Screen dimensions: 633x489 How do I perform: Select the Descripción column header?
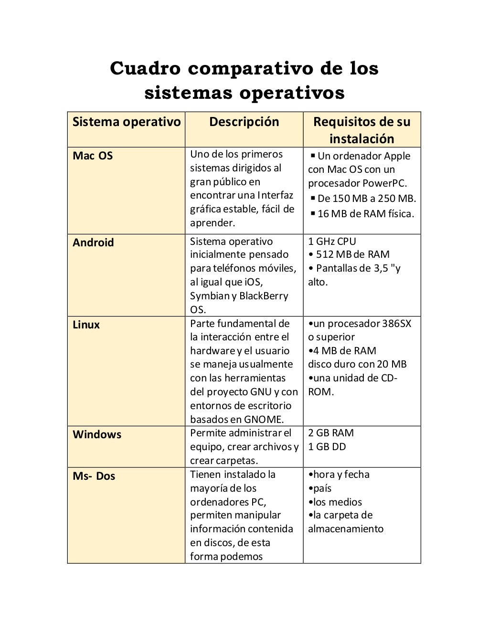244,122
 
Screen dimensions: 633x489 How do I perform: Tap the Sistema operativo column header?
127,122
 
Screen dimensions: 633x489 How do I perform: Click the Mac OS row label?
93,156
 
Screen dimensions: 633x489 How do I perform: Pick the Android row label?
93,243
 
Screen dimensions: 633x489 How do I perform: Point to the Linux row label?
86,325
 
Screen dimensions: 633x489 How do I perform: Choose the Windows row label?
97,434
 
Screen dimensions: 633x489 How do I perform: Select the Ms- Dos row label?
94,476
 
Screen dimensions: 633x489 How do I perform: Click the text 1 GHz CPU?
332,241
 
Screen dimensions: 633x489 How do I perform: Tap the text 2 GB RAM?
331,433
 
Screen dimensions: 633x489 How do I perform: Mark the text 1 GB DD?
327,447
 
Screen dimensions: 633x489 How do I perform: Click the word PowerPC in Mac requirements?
385,183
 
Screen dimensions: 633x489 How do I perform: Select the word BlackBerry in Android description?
264,296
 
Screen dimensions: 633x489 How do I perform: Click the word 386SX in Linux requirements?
396,324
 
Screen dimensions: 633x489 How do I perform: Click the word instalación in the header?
361,139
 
